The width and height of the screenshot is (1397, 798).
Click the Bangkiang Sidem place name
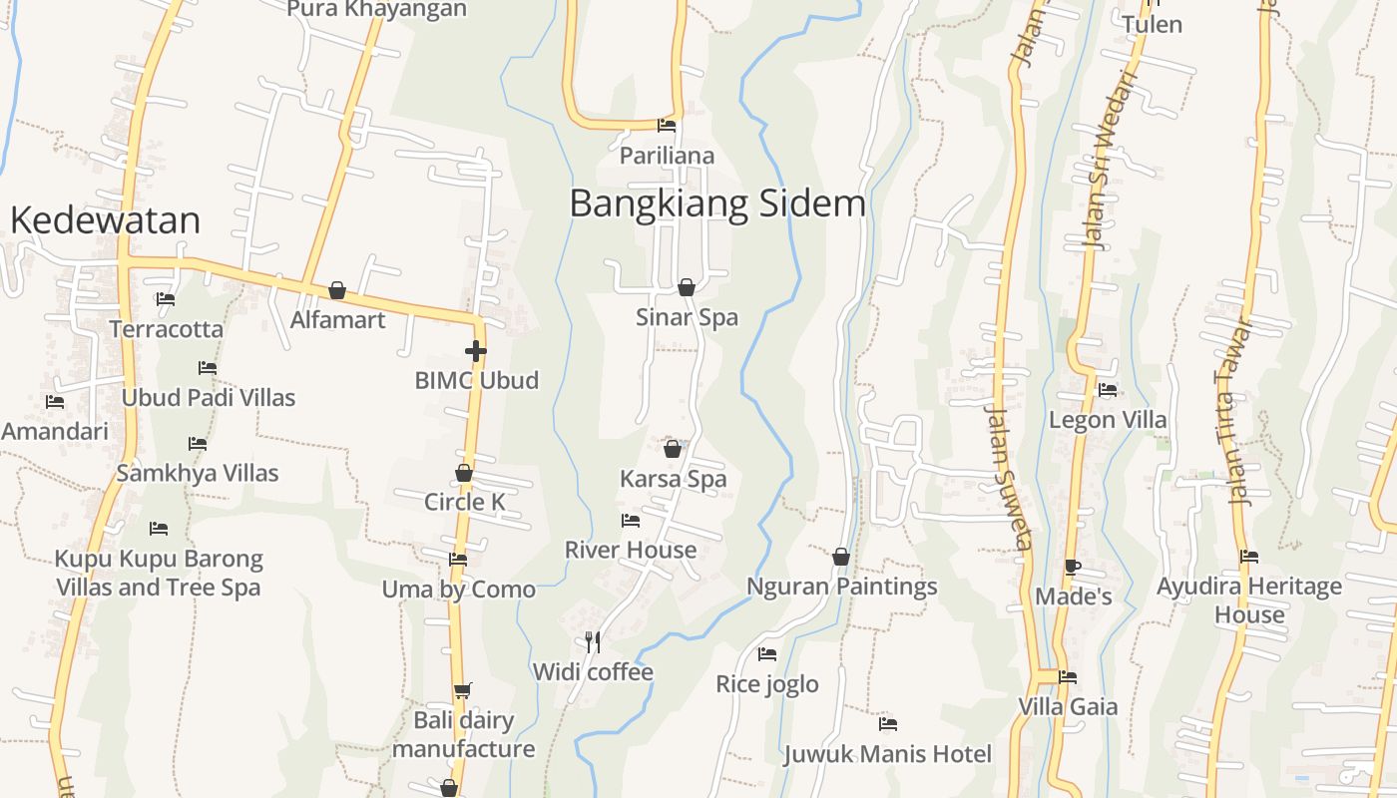click(x=717, y=203)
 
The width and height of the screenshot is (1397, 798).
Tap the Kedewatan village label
click(x=105, y=220)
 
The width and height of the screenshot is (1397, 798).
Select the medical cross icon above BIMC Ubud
click(x=476, y=351)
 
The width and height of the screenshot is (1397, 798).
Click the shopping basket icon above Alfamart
click(x=337, y=290)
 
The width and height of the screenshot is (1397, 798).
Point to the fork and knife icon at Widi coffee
click(x=593, y=641)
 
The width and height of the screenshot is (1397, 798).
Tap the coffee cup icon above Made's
click(x=1073, y=568)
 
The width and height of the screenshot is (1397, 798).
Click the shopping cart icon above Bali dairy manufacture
click(x=463, y=689)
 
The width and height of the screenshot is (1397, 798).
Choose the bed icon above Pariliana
click(x=667, y=126)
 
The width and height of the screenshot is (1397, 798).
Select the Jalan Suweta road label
click(x=1007, y=477)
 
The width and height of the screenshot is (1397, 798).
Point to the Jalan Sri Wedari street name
click(x=1110, y=160)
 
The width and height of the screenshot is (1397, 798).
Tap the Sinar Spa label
click(x=687, y=318)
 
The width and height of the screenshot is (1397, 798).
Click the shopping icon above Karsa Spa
click(x=673, y=449)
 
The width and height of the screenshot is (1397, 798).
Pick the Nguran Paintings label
click(x=842, y=587)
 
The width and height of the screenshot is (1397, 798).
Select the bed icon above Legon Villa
click(x=1107, y=390)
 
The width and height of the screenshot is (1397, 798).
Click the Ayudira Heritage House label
click(x=1249, y=600)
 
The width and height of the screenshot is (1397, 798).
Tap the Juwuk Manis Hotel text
click(x=887, y=754)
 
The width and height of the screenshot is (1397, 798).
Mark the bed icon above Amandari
click(x=55, y=402)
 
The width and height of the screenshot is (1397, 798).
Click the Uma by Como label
click(x=459, y=590)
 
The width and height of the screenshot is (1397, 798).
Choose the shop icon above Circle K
click(x=464, y=473)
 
